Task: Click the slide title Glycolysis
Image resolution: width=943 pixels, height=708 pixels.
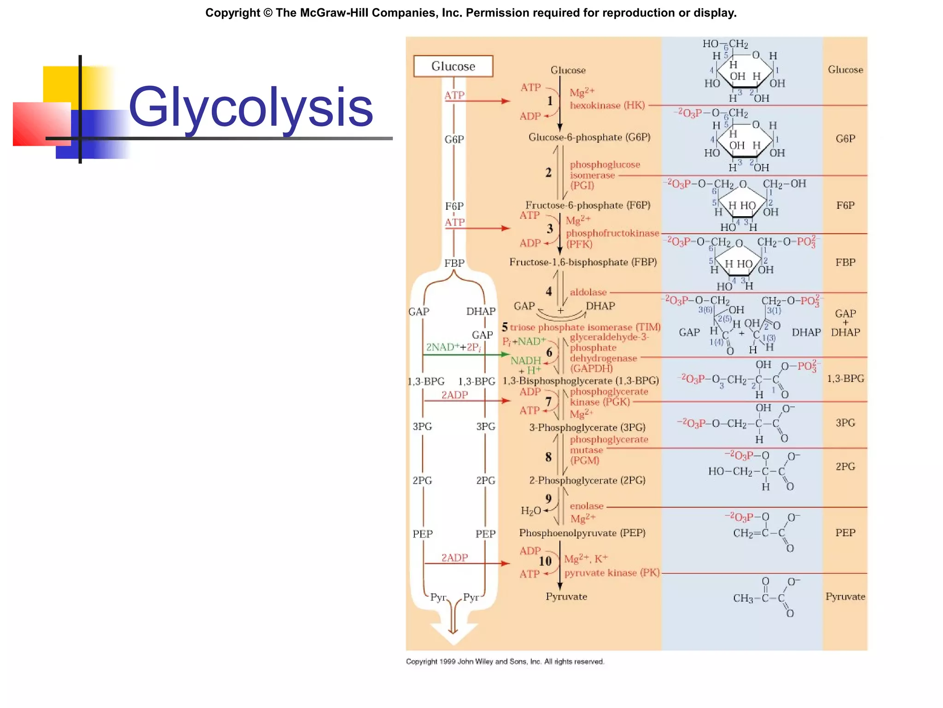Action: tap(251, 107)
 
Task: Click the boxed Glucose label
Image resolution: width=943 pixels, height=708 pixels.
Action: tap(453, 66)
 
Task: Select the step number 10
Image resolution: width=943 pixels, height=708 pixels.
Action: tap(545, 561)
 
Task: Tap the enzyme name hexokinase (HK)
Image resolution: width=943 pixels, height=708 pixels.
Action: tap(607, 106)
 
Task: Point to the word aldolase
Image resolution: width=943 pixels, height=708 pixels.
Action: tap(588, 292)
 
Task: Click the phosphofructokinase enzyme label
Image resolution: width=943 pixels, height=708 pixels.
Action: tap(612, 233)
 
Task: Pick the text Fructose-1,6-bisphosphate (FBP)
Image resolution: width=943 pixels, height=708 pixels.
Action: tap(582, 262)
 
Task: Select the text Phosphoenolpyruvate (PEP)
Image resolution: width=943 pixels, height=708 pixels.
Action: tap(582, 533)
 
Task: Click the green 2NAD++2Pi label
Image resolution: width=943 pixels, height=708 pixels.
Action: tap(453, 347)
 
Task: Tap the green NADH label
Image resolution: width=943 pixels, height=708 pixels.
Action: tap(525, 360)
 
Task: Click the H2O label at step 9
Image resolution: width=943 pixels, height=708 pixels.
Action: tap(530, 511)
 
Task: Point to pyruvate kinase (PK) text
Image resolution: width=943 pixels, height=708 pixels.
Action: tap(611, 573)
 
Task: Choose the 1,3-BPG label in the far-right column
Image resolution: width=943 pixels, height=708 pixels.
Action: tap(845, 378)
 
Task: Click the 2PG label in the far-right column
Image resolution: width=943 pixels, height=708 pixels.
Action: tap(845, 466)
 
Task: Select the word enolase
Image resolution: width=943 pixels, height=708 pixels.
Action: tap(586, 506)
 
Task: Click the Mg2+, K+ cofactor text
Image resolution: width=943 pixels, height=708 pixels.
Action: tap(586, 559)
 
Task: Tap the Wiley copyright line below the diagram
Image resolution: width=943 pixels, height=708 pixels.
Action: tap(505, 661)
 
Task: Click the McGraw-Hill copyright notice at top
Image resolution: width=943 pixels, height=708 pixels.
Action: tap(471, 12)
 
